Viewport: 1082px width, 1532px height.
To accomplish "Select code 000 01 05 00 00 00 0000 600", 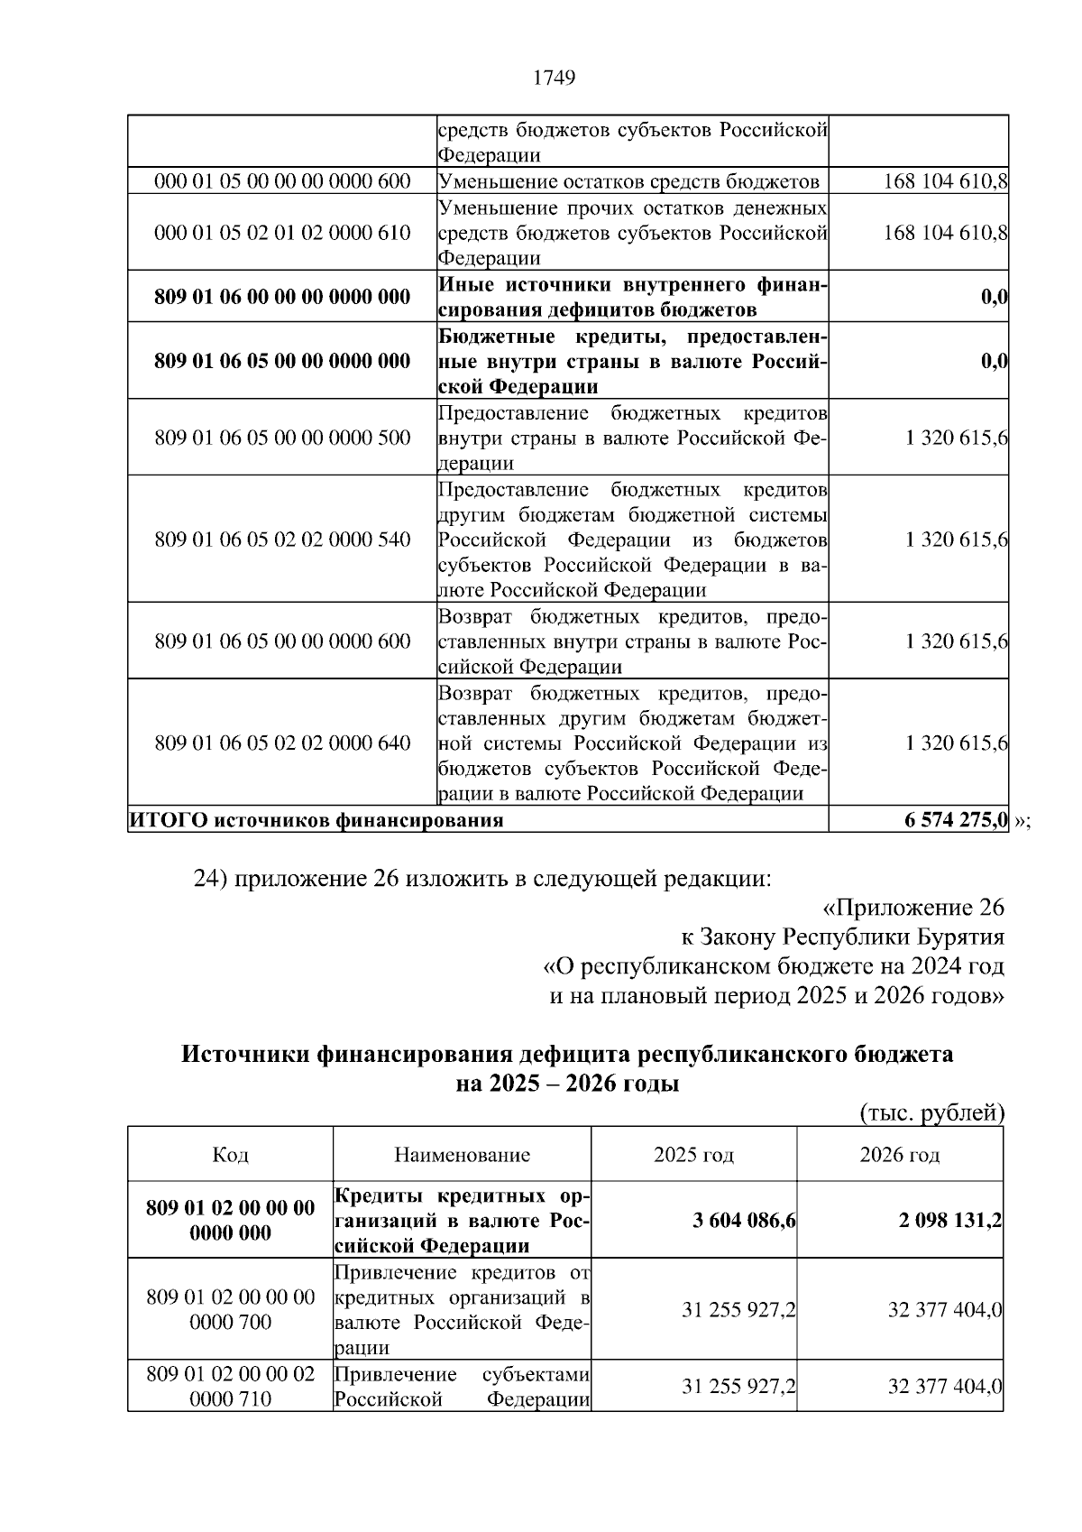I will pyautogui.click(x=282, y=181).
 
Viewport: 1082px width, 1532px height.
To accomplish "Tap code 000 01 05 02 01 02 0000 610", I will pyautogui.click(x=282, y=233).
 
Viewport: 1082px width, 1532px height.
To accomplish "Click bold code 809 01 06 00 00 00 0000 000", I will pyautogui.click(x=282, y=297).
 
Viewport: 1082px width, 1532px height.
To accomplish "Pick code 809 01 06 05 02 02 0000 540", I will pyautogui.click(x=282, y=540).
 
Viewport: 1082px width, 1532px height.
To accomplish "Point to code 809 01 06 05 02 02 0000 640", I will pyautogui.click(x=282, y=743).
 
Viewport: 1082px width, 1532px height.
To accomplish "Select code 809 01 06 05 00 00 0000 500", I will pyautogui.click(x=282, y=438).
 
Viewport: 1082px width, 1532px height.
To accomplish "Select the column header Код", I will pyautogui.click(x=230, y=1155).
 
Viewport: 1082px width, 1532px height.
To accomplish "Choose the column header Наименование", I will pyautogui.click(x=462, y=1155).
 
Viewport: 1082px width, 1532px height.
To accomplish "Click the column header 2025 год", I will pyautogui.click(x=693, y=1155).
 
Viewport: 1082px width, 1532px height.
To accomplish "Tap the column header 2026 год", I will pyautogui.click(x=899, y=1155).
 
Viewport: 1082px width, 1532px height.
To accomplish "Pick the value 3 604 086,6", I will pyautogui.click(x=744, y=1221).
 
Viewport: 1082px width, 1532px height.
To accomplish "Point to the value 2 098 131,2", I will pyautogui.click(x=949, y=1221).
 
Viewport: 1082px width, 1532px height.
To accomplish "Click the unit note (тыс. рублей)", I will pyautogui.click(x=931, y=1113).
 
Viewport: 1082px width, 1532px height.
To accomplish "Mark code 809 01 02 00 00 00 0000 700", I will pyautogui.click(x=230, y=1310).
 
